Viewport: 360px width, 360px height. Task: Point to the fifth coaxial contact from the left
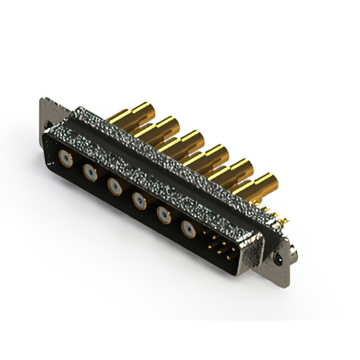coord(164,214)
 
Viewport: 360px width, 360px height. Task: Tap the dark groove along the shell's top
coord(169,163)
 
